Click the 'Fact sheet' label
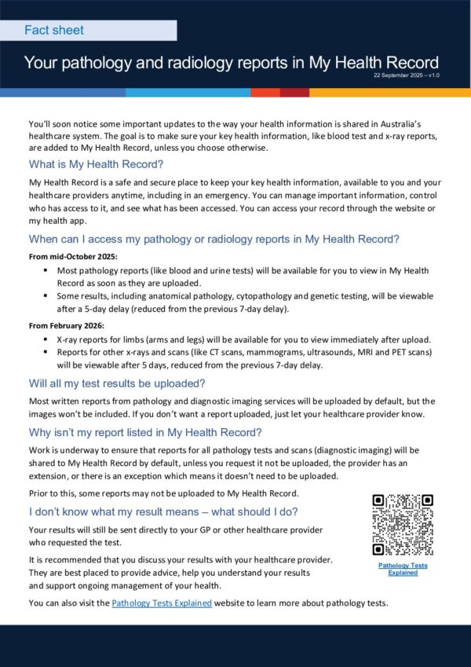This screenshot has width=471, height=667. click(54, 31)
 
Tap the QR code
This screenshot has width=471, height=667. click(402, 524)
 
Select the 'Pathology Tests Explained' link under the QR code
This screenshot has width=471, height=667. click(403, 569)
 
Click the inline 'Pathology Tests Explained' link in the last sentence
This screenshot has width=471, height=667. click(162, 603)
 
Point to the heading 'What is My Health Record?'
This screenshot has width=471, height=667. click(96, 164)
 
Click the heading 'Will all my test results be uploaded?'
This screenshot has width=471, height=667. click(117, 383)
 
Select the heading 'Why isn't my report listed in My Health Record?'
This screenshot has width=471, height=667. click(145, 432)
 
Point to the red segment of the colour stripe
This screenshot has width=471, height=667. click(294, 92)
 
